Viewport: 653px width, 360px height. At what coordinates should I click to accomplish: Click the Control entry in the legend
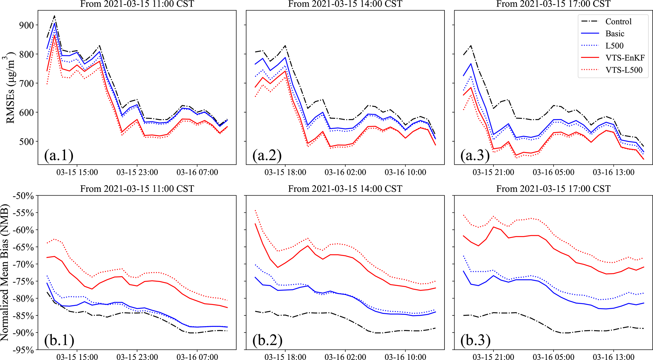pos(618,21)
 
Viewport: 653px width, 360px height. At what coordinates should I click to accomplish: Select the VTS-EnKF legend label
pos(625,58)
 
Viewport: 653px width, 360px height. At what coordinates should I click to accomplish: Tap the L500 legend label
pos(614,46)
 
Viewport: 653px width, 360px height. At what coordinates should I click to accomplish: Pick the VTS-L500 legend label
pos(624,70)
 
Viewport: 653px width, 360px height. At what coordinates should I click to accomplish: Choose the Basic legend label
pos(615,34)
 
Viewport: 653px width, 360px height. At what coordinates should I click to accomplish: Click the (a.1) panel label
pos(59,155)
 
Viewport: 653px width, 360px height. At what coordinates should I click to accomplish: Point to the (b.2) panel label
pos(267,340)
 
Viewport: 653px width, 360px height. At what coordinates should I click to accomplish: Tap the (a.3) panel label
pos(475,155)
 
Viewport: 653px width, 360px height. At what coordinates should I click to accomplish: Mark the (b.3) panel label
pos(475,340)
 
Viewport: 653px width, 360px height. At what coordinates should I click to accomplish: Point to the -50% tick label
pos(23,196)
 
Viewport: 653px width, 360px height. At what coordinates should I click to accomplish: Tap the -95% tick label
pos(23,350)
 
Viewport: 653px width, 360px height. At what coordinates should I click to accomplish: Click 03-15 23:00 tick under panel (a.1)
pos(137,172)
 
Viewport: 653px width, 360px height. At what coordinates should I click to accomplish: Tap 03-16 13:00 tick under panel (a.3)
pos(614,172)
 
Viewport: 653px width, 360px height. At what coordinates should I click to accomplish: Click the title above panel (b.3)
pos(553,189)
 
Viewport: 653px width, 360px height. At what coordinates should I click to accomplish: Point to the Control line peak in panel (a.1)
pos(54,16)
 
